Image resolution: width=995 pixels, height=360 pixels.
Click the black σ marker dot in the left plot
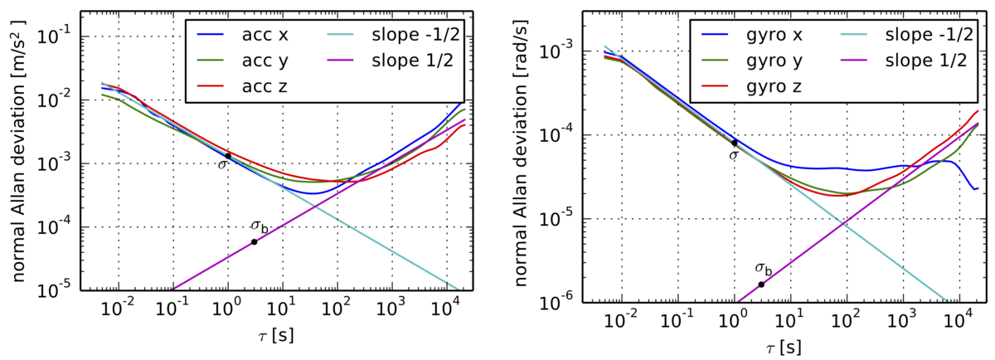228,156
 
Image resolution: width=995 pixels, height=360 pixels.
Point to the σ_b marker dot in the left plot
254,242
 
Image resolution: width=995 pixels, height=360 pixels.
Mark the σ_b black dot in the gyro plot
761,285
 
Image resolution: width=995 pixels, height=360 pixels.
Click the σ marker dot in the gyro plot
735,143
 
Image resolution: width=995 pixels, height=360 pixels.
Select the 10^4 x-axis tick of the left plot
446,314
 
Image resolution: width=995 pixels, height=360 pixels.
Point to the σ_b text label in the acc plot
260,226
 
